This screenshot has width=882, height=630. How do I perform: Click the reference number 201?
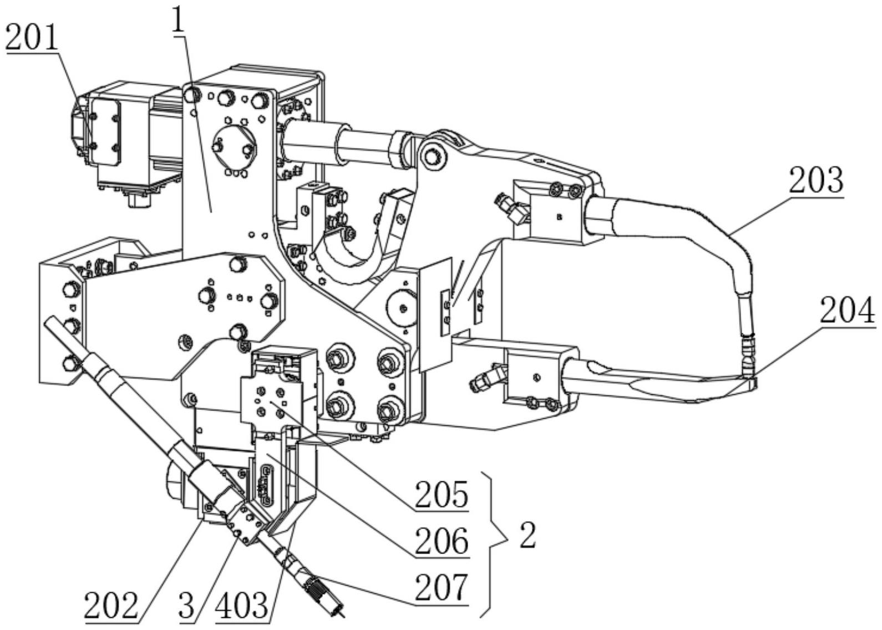coord(32,38)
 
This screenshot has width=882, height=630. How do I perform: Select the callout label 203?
coord(816,180)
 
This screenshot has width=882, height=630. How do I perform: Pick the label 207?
coord(442,587)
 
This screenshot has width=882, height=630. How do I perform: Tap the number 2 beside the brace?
coord(528,535)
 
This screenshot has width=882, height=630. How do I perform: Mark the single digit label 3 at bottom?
coord(186,606)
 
